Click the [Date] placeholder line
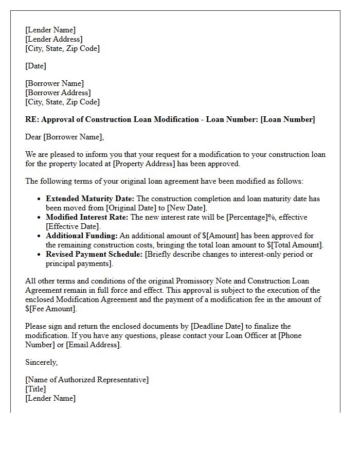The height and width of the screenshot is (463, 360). coord(35,66)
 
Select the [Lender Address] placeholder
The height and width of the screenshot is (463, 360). coord(53,39)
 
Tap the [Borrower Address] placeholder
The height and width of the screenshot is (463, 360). coord(58,93)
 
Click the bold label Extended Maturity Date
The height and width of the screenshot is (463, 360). coord(90,199)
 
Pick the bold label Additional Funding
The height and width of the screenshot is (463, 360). coord(82,236)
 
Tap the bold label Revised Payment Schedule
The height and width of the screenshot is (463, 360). coord(95,254)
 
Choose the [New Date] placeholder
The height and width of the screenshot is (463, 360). coord(186,208)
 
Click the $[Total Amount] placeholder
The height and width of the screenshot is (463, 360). coord(295,245)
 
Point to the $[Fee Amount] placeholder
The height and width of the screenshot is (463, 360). coord(50,309)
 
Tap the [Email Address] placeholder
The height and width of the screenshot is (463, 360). coord(94,345)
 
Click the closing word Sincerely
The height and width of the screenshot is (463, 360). coord(41,362)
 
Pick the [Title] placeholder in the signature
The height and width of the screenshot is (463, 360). coord(35,389)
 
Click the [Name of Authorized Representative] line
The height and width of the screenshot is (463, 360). coord(86,380)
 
